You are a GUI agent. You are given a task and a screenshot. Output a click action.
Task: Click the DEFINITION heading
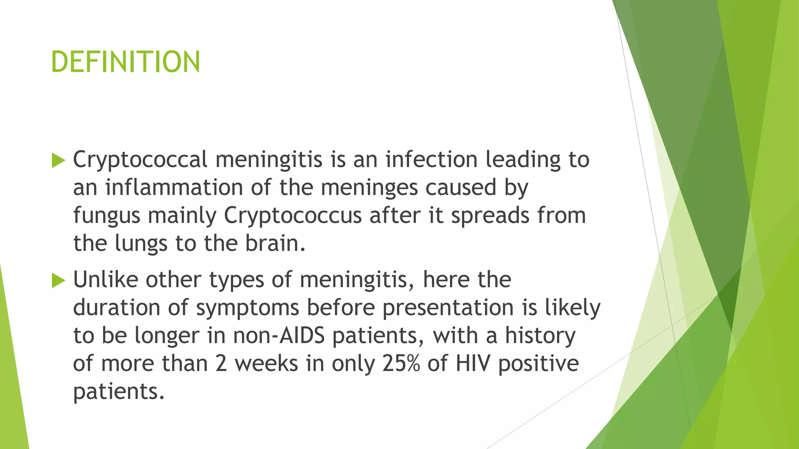(126, 62)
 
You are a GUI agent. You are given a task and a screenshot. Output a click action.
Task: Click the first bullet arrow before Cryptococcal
(58, 161)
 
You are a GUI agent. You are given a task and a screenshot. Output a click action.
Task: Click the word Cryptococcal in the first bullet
(140, 160)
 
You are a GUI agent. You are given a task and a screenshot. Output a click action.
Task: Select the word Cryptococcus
(293, 216)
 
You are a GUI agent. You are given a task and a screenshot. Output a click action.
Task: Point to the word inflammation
(174, 187)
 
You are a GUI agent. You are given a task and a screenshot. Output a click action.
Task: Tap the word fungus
(107, 216)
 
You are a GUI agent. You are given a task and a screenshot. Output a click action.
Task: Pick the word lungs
(141, 244)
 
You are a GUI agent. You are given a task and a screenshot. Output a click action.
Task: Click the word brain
(275, 243)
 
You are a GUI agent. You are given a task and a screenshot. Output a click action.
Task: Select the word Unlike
(105, 280)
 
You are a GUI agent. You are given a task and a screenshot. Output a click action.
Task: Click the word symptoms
(247, 308)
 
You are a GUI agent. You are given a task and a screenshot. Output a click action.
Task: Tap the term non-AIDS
(279, 336)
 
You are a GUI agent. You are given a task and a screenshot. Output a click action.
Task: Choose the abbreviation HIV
(472, 364)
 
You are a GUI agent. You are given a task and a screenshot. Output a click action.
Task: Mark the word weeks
(266, 364)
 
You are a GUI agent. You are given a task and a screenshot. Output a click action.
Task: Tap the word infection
(431, 160)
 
